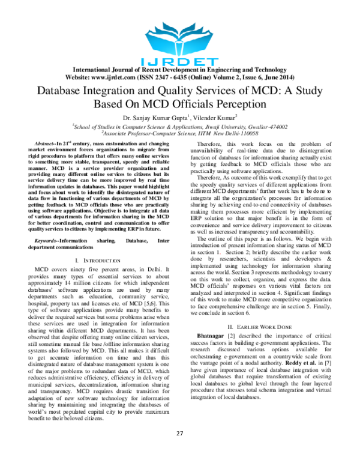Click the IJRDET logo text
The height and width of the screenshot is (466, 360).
point(179,61)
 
